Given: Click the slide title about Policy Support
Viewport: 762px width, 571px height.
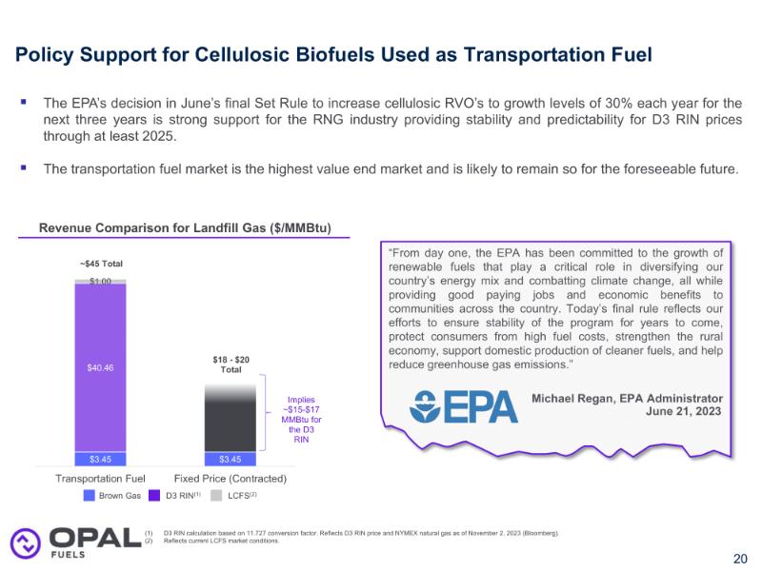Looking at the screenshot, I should tap(333, 55).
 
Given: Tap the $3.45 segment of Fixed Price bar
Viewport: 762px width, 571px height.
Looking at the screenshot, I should tap(231, 459).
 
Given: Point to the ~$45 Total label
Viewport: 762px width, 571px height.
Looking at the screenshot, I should tap(101, 264).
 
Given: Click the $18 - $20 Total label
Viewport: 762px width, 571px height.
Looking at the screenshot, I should tap(231, 364).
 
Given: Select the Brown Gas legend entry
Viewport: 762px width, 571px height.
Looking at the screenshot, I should tap(113, 495).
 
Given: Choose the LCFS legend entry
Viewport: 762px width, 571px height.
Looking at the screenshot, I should tap(234, 495).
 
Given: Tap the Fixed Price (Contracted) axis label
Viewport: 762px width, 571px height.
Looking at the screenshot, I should tap(231, 478).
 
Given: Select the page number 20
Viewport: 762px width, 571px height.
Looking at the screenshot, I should tap(740, 559).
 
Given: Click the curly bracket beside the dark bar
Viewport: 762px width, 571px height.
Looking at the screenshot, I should tap(270, 417).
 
